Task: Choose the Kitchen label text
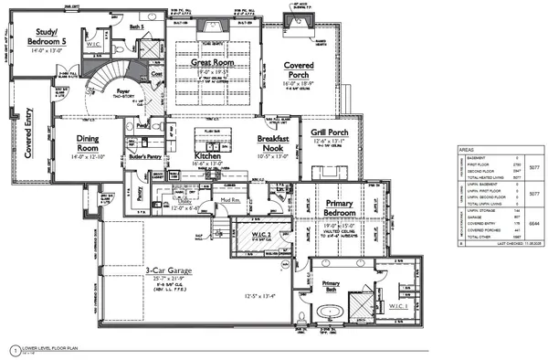pos(211,157)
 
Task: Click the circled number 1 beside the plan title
pos(14,349)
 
